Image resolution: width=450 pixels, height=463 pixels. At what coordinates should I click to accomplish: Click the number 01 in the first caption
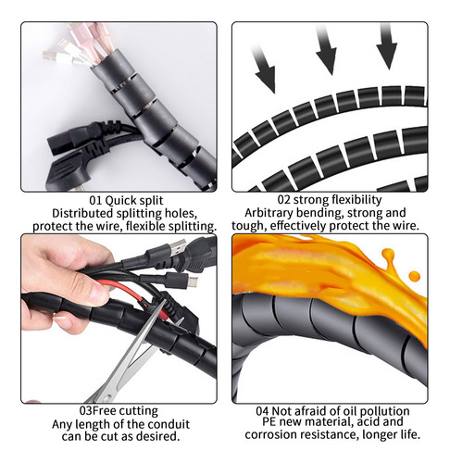pos(95,201)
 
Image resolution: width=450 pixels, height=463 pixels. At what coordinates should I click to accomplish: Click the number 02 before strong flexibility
pos(283,200)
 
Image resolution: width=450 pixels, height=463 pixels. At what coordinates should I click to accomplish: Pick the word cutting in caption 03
pos(139,411)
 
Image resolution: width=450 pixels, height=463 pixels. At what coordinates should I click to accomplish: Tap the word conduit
pos(169,424)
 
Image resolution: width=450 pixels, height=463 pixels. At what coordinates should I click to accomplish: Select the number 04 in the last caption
pos(262,411)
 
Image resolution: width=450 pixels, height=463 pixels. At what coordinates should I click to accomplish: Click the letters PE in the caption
pos(269,421)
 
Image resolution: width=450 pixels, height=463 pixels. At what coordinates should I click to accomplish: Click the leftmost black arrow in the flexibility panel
pos(264,69)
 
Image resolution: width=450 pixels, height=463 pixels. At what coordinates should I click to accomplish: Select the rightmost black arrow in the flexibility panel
pos(387,45)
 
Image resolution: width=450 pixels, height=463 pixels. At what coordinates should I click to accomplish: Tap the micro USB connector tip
pos(194,282)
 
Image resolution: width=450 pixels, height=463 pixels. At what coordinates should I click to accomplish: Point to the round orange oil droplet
pos(414,275)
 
